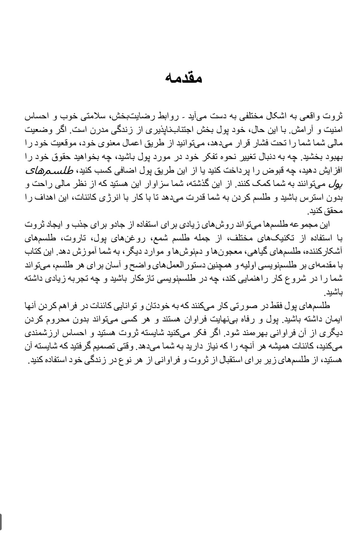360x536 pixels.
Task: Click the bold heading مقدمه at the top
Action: (184, 78)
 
